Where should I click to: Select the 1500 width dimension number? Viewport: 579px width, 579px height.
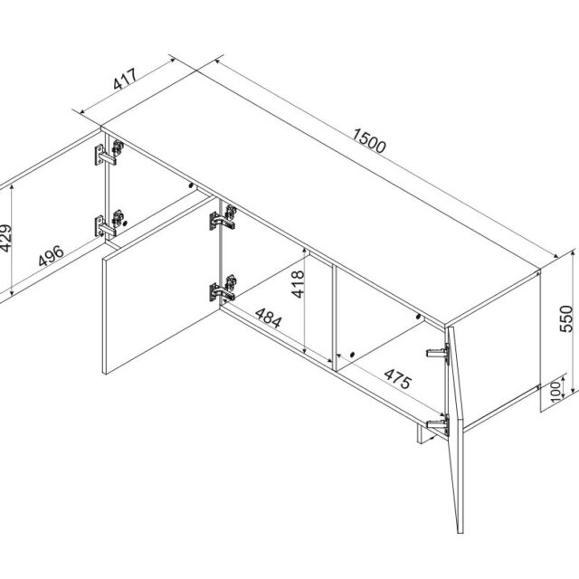370,141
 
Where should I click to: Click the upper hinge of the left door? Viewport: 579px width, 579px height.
105,155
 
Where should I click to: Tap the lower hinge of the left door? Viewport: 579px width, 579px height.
109,223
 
